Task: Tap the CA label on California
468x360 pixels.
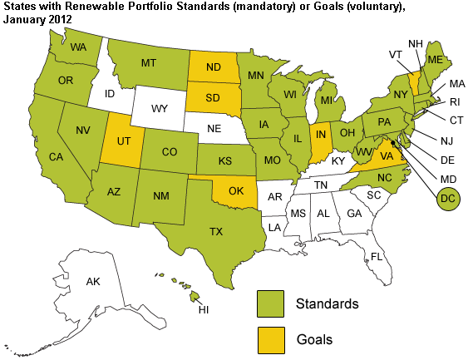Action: coord(56,156)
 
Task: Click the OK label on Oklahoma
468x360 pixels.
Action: coord(235,191)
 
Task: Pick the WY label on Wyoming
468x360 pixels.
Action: coord(160,108)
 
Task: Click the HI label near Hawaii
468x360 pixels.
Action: coord(203,309)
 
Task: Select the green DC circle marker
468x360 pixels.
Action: coord(448,200)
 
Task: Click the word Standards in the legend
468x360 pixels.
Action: coord(327,303)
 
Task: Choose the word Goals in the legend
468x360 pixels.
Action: coord(314,339)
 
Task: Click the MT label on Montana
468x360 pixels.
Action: coord(150,62)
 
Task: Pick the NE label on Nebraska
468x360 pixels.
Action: coord(214,129)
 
